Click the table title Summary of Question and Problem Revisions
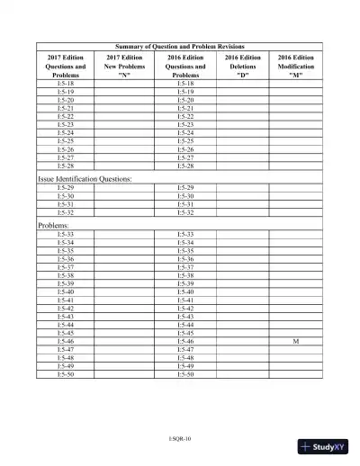click(180, 46)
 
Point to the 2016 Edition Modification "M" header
click(296, 67)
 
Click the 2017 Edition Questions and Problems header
click(66, 67)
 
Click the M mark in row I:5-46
click(296, 343)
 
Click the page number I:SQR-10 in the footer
click(180, 437)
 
